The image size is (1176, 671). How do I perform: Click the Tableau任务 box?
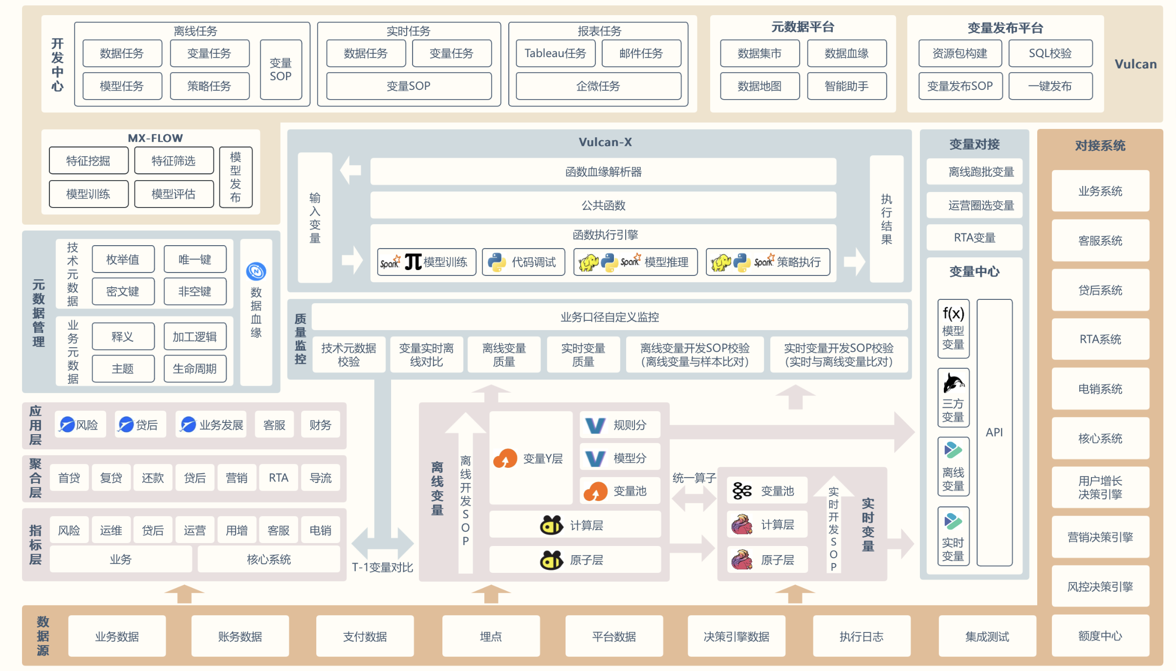tap(555, 53)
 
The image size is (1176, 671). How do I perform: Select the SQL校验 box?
tap(1050, 53)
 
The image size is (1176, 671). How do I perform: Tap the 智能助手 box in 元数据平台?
tap(847, 86)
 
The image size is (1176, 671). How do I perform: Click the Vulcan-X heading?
tap(605, 142)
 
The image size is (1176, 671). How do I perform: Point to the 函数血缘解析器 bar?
tap(603, 171)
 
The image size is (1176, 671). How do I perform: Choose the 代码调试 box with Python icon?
tap(523, 262)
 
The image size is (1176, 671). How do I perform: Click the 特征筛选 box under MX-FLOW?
tap(174, 161)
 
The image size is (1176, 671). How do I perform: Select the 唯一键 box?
tap(195, 259)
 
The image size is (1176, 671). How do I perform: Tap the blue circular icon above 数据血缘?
tap(256, 271)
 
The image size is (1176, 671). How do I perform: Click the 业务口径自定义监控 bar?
tap(609, 317)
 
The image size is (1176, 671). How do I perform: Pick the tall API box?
tap(994, 432)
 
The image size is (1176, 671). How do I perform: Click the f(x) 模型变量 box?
tap(953, 328)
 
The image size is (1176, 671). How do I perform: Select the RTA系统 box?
tap(1100, 339)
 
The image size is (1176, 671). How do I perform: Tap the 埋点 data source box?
tap(490, 636)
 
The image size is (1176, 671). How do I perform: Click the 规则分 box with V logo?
tap(620, 425)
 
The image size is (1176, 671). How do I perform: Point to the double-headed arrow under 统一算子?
tap(694, 499)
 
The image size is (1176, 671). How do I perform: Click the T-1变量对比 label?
tap(382, 567)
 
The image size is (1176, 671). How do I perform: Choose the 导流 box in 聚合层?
tap(320, 478)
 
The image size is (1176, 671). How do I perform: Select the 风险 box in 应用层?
tap(80, 425)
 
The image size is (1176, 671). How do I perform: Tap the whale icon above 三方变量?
tap(953, 383)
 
